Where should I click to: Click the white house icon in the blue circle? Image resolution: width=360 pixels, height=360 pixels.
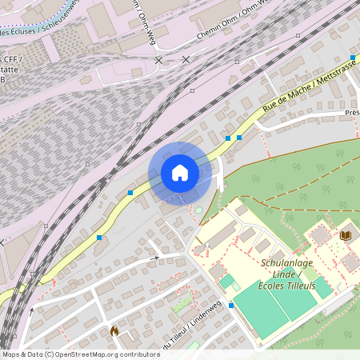[x=180, y=173]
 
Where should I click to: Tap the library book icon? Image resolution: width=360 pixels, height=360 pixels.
[x=346, y=235]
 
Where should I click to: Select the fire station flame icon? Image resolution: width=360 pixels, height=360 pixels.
[x=114, y=330]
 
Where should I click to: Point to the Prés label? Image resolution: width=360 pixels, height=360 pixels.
[x=352, y=113]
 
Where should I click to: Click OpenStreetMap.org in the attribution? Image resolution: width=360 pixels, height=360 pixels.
[x=86, y=354]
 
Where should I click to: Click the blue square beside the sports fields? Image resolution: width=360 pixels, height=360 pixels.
[x=231, y=306]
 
